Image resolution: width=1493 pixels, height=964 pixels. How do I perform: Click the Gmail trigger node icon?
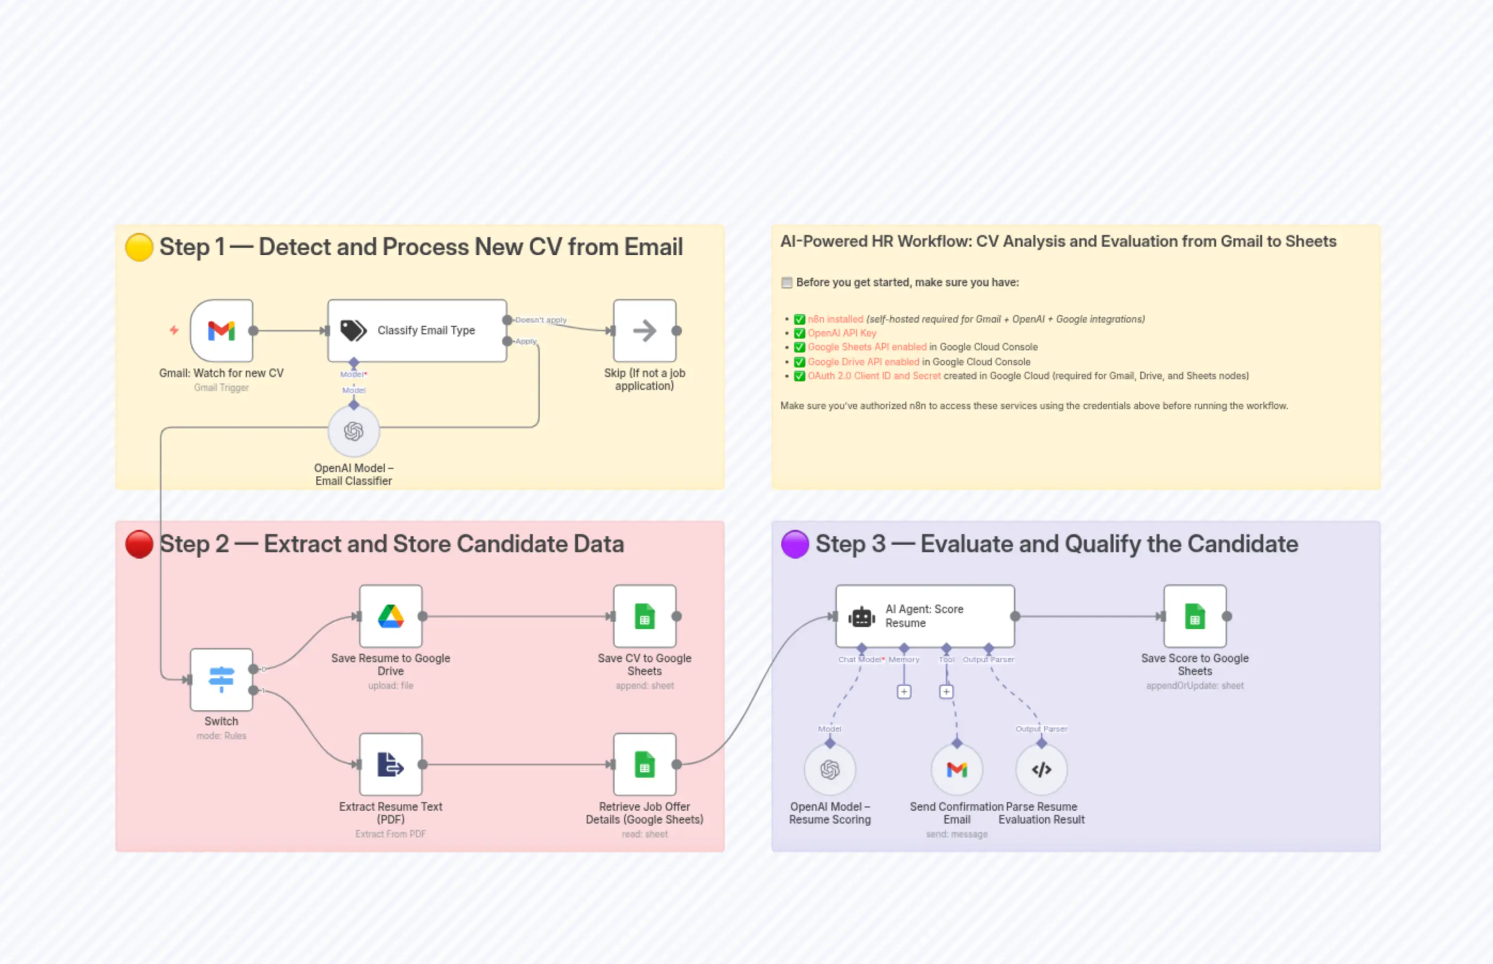[221, 331]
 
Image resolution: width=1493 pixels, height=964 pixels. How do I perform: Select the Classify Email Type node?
[417, 331]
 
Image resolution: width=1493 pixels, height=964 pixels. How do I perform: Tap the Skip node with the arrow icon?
[644, 331]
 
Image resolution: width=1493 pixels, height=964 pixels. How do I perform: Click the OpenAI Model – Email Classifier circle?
[354, 432]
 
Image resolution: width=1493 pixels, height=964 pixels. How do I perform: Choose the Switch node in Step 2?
[221, 679]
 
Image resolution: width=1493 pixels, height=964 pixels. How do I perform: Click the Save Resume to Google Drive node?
[390, 616]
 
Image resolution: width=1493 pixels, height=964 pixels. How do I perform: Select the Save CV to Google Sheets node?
[644, 616]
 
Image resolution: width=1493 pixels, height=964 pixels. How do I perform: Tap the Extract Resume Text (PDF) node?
[390, 764]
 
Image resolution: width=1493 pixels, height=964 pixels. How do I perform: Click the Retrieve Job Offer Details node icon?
[644, 764]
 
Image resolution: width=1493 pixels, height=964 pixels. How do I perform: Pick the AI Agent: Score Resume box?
[924, 616]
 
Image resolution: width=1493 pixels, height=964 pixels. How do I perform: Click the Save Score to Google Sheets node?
[1194, 616]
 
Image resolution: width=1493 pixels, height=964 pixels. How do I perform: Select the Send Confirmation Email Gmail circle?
[957, 769]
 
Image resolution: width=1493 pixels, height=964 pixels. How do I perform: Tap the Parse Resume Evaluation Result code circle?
[1041, 769]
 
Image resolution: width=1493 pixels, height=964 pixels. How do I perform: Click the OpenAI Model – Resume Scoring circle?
[829, 769]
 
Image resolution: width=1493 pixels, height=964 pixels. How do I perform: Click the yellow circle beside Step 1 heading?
[139, 247]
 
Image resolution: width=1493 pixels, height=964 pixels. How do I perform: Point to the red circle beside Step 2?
[139, 544]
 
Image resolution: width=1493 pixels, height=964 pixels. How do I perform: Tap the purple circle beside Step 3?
[795, 544]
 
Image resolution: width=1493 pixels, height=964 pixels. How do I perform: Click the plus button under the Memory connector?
[904, 692]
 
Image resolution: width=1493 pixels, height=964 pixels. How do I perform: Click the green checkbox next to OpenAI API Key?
[799, 333]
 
